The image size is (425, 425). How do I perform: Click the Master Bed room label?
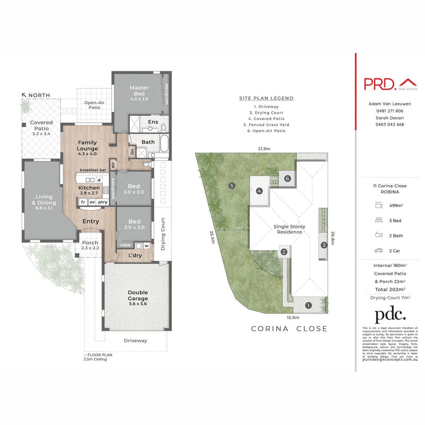point(139,91)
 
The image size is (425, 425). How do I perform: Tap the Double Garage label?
point(137,295)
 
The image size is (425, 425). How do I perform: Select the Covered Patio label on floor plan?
point(41,126)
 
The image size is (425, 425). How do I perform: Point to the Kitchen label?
point(89,188)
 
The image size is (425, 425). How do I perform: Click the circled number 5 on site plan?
point(232,185)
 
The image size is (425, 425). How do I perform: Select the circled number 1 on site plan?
point(309,305)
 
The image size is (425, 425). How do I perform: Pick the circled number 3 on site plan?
point(324,245)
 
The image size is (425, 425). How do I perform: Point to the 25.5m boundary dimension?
point(213,237)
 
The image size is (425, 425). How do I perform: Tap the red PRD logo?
point(390,83)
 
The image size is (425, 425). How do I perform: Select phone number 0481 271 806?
point(390,111)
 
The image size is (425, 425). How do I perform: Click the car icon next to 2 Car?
point(379,251)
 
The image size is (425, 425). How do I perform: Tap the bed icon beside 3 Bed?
point(379,220)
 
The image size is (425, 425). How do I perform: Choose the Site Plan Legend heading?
point(266,98)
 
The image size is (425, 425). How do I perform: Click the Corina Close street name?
point(289,329)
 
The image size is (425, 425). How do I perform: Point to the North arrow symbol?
point(25,95)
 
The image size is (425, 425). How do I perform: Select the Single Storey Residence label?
point(289,229)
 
